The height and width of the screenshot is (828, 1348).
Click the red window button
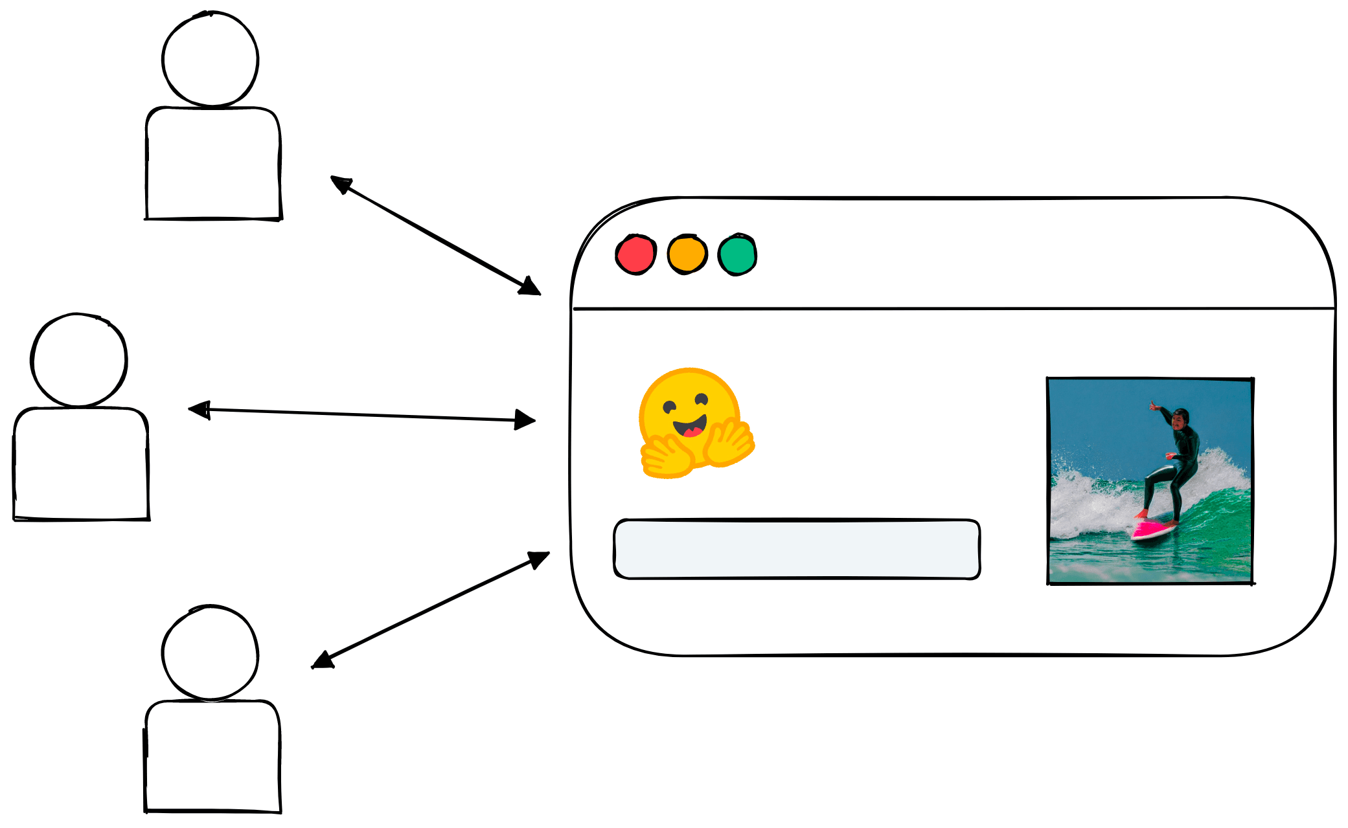click(635, 254)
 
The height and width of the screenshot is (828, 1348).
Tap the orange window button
click(687, 254)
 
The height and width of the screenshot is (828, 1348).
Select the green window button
click(737, 254)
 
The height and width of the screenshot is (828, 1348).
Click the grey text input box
click(797, 548)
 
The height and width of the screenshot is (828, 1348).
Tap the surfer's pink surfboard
click(1153, 530)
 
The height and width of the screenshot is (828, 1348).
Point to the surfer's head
click(1180, 418)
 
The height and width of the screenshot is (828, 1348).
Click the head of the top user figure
click(211, 59)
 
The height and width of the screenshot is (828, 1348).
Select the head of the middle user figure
click(79, 360)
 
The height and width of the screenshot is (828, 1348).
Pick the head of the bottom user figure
click(211, 653)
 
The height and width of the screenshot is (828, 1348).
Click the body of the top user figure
click(213, 164)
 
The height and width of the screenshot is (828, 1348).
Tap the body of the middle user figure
click(81, 464)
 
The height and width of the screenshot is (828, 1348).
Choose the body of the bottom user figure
click(212, 756)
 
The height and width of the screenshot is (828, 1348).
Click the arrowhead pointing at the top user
click(340, 183)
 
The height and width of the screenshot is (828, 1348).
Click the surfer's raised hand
click(1153, 406)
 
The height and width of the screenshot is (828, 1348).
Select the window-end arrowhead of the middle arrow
click(525, 420)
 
